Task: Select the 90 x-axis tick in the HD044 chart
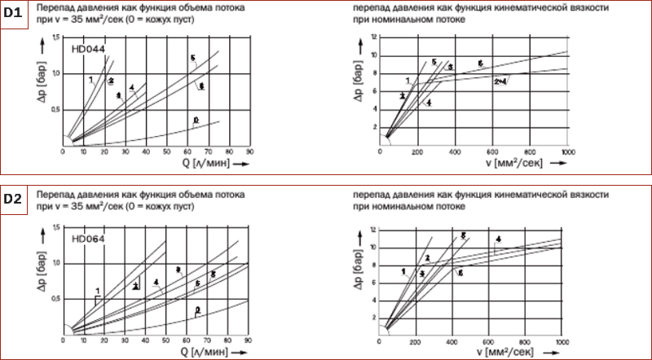pyautogui.click(x=250, y=151)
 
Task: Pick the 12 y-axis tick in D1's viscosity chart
pyautogui.click(x=373, y=37)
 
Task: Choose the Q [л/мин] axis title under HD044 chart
pyautogui.click(x=211, y=163)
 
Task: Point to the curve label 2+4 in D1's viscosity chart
pyautogui.click(x=500, y=81)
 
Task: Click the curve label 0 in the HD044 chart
pyautogui.click(x=196, y=120)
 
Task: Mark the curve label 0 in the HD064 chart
pyautogui.click(x=198, y=309)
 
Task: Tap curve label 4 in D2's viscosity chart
pyautogui.click(x=498, y=239)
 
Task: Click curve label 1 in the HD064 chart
pyautogui.click(x=97, y=291)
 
